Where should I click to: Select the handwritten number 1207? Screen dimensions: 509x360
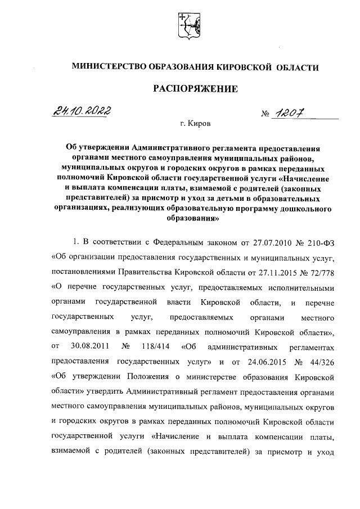pos(294,114)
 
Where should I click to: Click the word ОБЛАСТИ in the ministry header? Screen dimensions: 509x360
pos(293,67)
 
